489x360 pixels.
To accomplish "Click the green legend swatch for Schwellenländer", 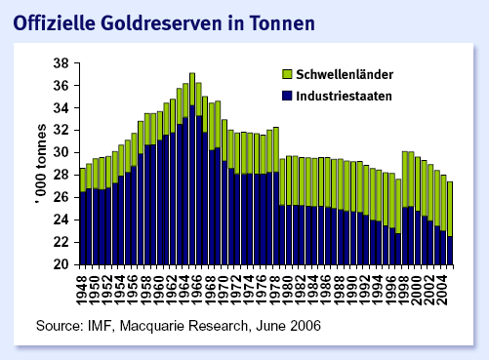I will (x=287, y=72).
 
